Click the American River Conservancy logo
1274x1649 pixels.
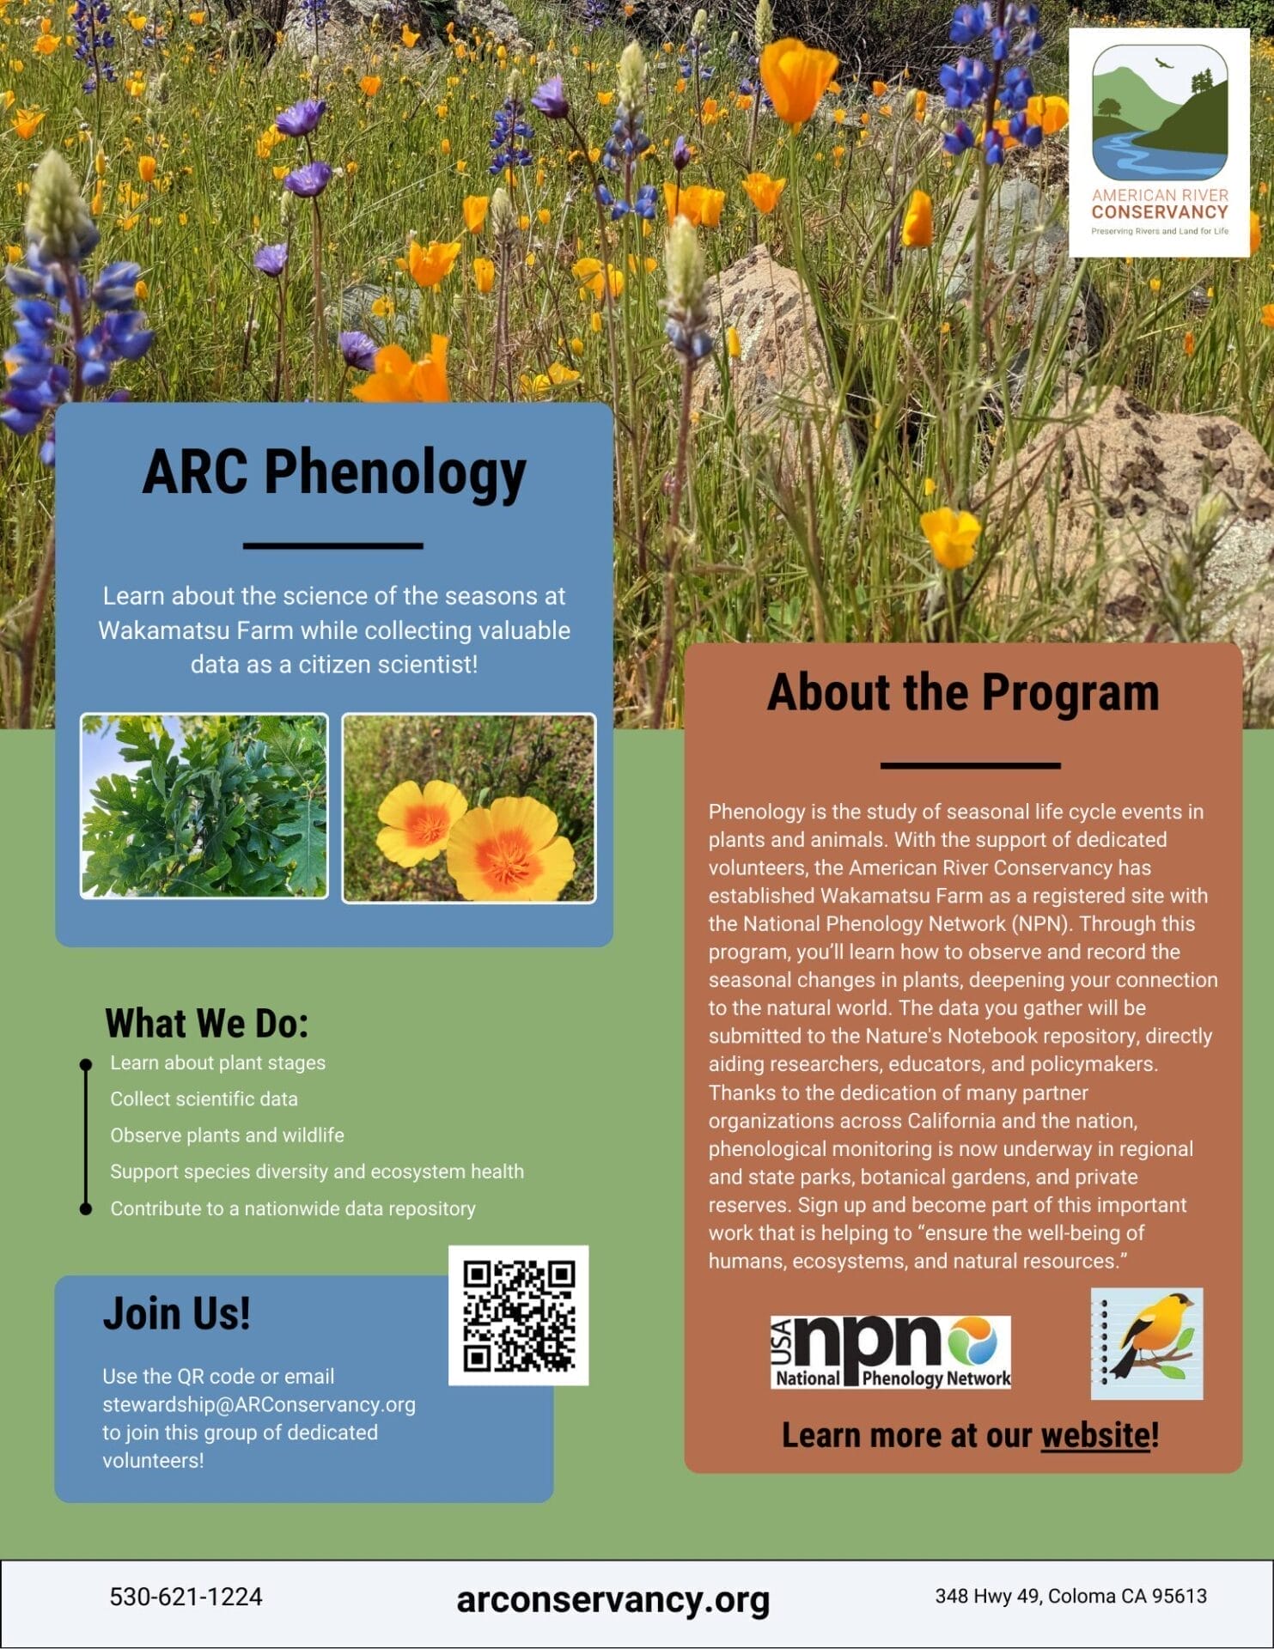point(1159,143)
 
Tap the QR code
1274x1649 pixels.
point(518,1315)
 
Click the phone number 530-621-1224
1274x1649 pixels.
point(186,1597)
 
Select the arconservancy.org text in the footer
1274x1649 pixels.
point(613,1599)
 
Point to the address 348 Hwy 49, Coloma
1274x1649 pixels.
point(1070,1596)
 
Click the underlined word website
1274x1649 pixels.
point(1094,1435)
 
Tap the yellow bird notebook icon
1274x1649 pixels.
point(1147,1343)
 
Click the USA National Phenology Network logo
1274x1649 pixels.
point(890,1352)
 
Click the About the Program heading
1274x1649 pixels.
point(962,692)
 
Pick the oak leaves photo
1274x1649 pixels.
point(204,806)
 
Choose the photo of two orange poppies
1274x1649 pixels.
point(468,808)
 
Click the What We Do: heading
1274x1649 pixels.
point(206,1023)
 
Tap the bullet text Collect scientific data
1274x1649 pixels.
point(204,1099)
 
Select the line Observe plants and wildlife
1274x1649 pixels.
point(227,1135)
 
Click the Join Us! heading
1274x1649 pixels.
point(177,1314)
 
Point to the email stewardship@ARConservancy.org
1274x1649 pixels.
point(259,1404)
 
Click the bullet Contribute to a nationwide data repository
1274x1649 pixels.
point(292,1208)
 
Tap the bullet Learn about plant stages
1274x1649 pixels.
point(217,1062)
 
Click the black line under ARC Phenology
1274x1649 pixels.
point(333,545)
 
